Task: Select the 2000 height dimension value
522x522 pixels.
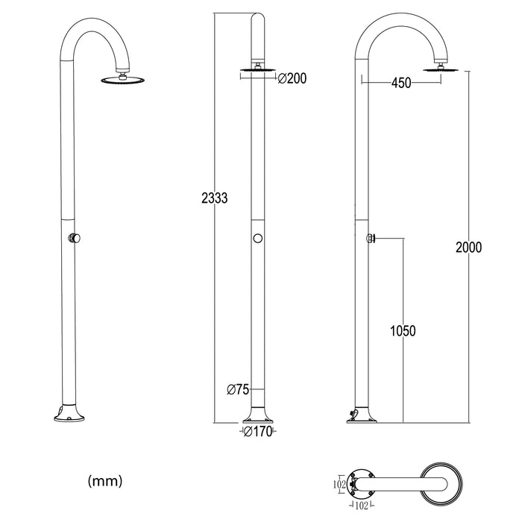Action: tap(468, 248)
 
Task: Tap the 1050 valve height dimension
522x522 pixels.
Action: tap(403, 330)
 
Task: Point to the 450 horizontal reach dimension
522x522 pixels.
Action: tap(401, 84)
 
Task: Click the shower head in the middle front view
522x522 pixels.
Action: tap(257, 72)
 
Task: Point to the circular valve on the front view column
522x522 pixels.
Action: tap(257, 239)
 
